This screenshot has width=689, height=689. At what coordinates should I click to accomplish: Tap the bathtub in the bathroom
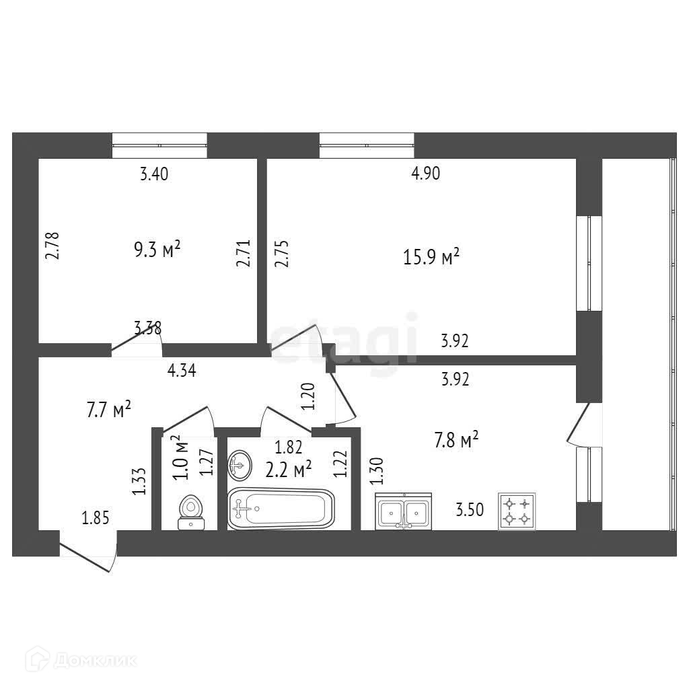[x=281, y=508]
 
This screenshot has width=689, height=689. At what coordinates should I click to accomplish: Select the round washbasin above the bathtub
[x=240, y=464]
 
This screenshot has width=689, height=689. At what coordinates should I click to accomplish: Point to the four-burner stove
[x=517, y=511]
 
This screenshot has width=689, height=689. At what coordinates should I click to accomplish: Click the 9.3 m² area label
[x=157, y=250]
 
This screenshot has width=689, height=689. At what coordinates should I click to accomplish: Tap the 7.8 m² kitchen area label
[x=456, y=441]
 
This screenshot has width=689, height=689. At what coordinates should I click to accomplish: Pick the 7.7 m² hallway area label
[x=108, y=410]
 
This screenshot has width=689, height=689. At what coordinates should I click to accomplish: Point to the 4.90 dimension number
[x=425, y=174]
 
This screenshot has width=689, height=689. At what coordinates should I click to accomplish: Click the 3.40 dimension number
[x=153, y=175]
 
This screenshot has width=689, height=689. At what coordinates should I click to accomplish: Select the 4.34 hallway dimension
[x=182, y=371]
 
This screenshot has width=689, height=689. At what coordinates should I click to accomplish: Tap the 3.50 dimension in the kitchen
[x=470, y=510]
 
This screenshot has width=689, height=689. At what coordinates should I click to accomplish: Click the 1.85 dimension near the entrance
[x=95, y=517]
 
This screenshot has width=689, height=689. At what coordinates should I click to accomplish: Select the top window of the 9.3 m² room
[x=159, y=144]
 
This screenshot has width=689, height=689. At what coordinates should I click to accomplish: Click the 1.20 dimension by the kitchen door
[x=309, y=397]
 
